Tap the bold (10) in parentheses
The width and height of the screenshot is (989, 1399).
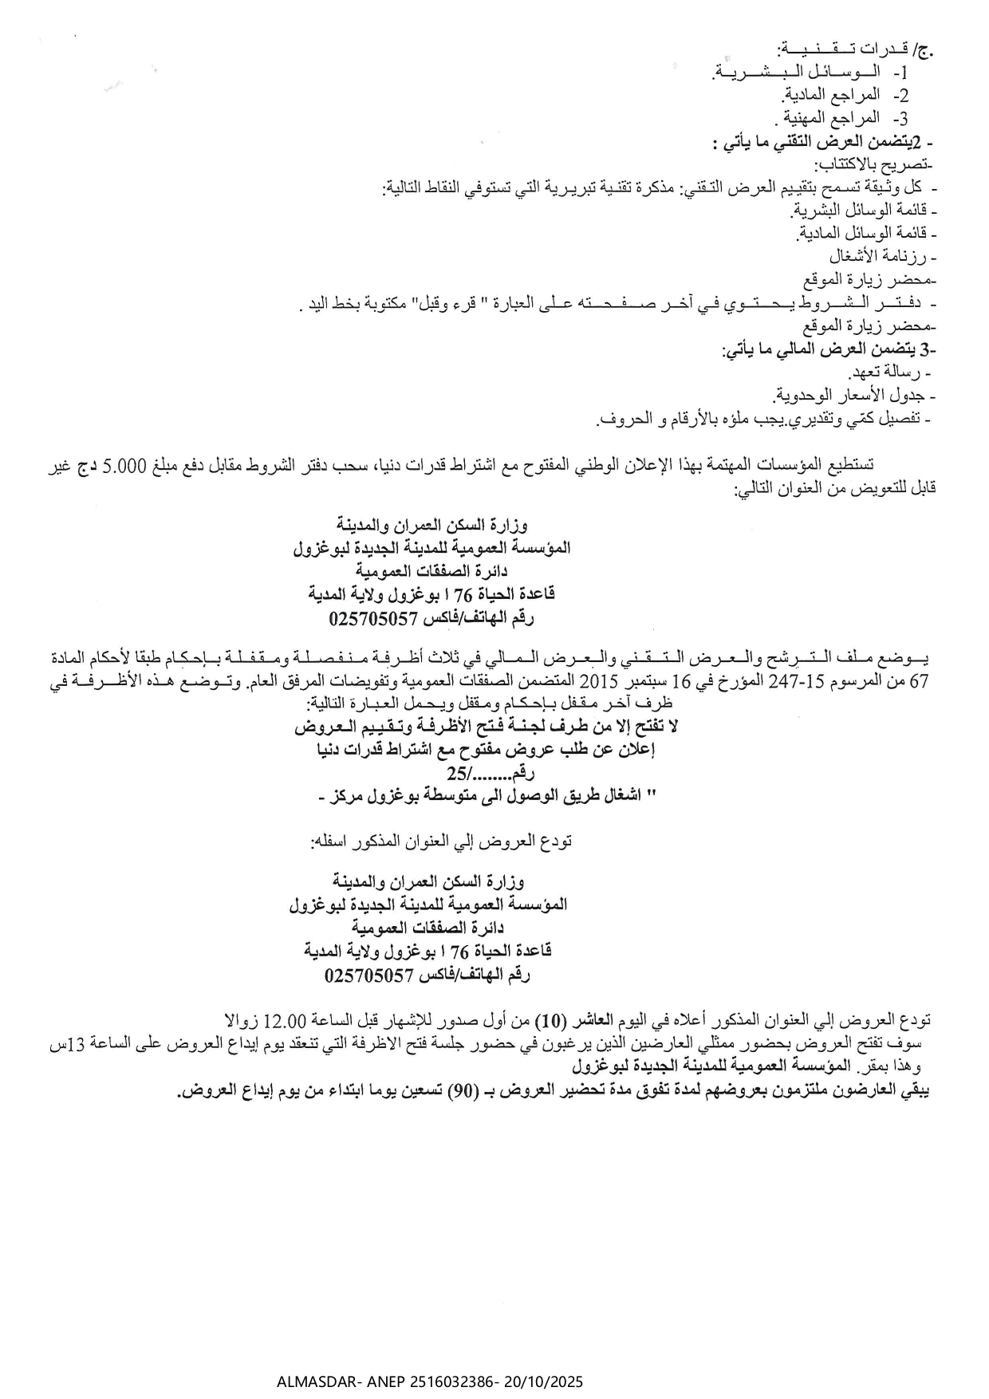[550, 1020]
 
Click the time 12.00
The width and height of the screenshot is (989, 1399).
[285, 1020]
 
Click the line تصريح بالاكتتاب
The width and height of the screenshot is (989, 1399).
[873, 165]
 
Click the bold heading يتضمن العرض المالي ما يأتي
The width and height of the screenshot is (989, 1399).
[829, 350]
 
